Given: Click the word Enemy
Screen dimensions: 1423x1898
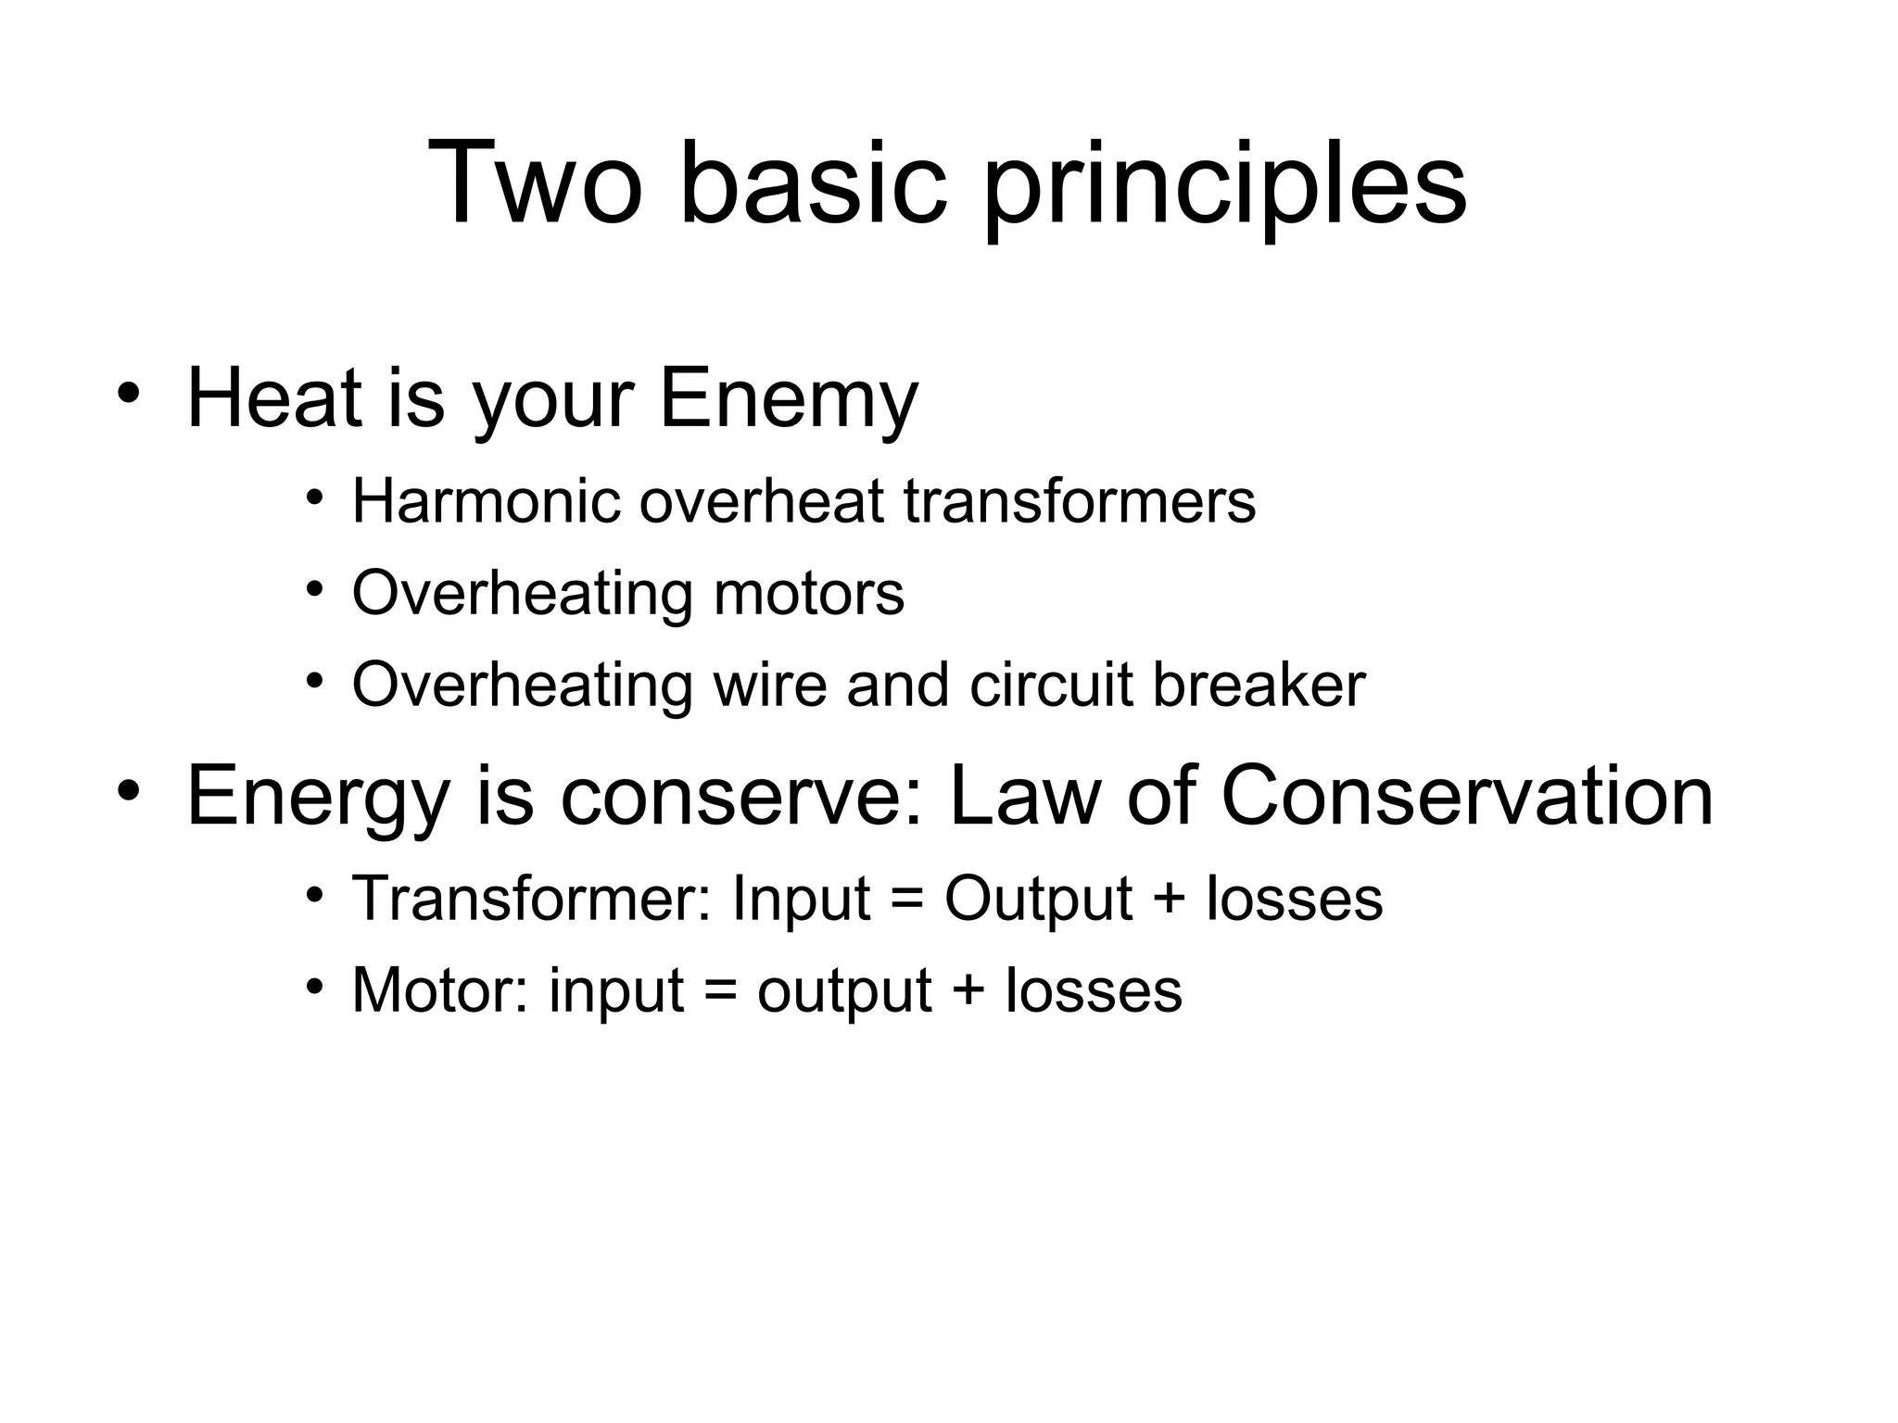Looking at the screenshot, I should click(788, 400).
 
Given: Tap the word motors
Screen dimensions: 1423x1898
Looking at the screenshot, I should click(808, 593).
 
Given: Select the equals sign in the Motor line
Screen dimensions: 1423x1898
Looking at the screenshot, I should click(720, 992).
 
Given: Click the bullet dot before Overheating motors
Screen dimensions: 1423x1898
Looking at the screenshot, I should click(315, 589).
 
